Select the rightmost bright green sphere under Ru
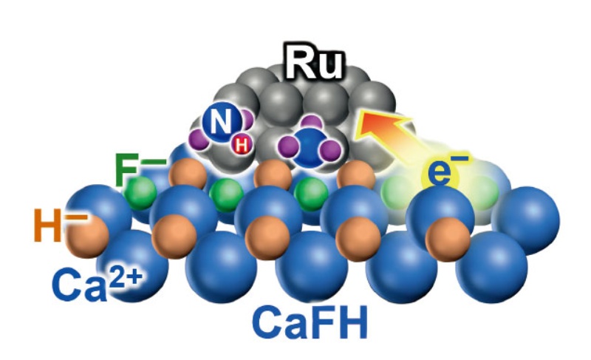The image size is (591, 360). click(311, 194)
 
